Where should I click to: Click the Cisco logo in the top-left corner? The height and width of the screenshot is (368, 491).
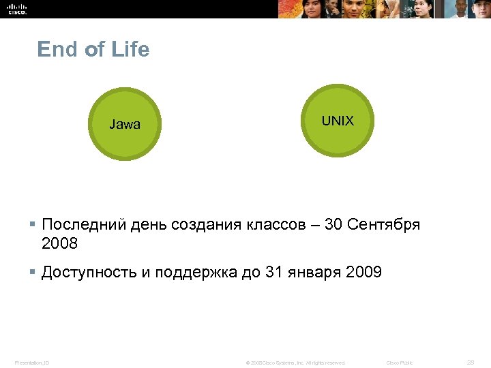click(16, 8)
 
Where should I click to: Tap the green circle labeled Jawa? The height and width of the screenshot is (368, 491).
click(125, 124)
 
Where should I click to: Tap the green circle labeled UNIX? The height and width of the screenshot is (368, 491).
click(338, 121)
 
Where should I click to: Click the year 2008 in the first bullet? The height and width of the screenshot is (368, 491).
click(60, 243)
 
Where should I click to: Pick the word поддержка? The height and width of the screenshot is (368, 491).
click(196, 273)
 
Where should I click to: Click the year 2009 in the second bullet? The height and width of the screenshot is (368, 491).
click(364, 273)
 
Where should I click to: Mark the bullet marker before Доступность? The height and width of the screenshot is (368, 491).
click(32, 273)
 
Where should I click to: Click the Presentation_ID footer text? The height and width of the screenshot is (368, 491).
click(32, 363)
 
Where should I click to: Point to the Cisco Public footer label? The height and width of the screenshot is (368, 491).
click(400, 363)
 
